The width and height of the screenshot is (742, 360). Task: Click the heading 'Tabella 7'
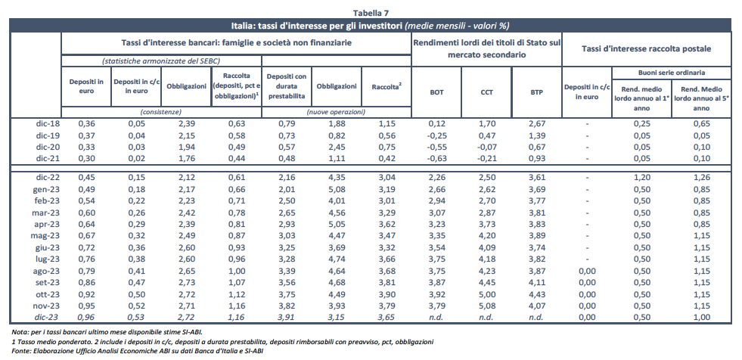(371, 13)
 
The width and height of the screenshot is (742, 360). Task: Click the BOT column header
(436, 92)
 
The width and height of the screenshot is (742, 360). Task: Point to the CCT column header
(487, 92)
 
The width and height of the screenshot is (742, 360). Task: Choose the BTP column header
(536, 92)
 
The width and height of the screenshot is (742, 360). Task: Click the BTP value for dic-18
(536, 123)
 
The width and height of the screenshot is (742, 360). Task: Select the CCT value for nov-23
(487, 306)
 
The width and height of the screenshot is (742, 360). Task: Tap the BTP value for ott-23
(536, 294)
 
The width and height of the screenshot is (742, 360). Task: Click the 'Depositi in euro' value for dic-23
(85, 317)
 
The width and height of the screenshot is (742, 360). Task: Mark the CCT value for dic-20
(487, 146)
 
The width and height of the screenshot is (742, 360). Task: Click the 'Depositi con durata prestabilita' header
(286, 86)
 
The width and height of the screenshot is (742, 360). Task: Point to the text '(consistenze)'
(160, 111)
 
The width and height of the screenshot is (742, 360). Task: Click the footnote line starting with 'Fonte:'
(137, 350)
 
